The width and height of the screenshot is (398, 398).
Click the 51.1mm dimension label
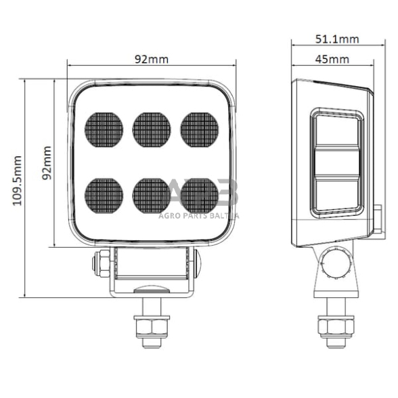(332, 40)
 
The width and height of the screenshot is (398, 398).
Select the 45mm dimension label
(332, 59)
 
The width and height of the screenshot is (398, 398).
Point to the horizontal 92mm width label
(151, 59)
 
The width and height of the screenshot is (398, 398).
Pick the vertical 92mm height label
(47, 163)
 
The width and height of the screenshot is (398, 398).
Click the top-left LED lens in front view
(104, 129)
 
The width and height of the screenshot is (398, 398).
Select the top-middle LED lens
(152, 129)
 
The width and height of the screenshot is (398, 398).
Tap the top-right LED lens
(199, 129)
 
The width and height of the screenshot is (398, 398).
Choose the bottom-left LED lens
(104, 195)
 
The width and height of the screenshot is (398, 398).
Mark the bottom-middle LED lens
(152, 195)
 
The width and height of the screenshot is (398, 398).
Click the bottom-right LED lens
(199, 195)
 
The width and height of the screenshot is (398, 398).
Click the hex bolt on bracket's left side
(102, 264)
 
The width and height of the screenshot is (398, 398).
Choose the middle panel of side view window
(337, 162)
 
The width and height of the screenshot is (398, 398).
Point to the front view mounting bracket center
(152, 271)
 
